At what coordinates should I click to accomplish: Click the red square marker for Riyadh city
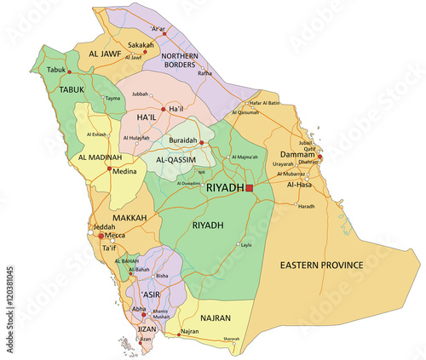click(250, 187)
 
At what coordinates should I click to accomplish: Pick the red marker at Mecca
click(101, 235)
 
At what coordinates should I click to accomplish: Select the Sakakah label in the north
click(142, 43)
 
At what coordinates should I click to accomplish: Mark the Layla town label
click(246, 245)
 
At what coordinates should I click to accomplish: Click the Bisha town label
click(164, 277)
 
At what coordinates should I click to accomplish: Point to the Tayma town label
click(112, 99)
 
